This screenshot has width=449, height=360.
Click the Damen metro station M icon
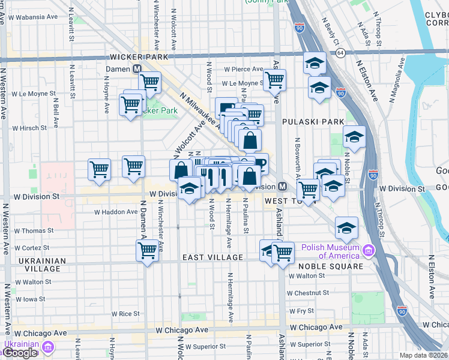[x=137, y=69]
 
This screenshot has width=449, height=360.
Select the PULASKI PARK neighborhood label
[x=310, y=122]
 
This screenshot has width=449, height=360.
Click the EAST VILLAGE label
[x=213, y=257]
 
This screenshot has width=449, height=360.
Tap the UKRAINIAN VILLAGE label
[x=40, y=265]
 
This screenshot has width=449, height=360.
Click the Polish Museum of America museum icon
[x=368, y=251]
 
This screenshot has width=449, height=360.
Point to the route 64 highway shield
[x=340, y=53]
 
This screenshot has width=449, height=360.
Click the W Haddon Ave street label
[x=116, y=212]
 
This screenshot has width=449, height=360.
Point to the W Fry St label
[x=301, y=311]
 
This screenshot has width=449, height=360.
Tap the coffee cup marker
[x=261, y=163]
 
